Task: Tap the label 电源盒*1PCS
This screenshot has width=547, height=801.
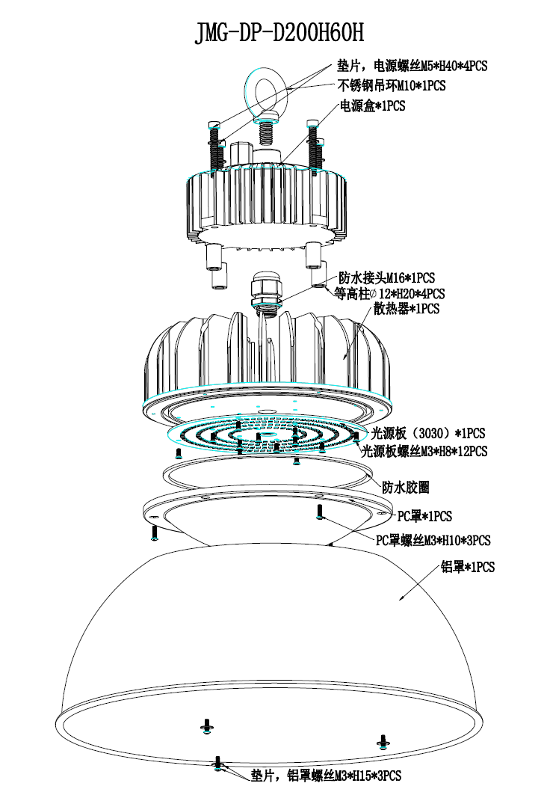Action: (372, 106)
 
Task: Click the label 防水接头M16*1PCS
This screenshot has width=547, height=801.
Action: (386, 277)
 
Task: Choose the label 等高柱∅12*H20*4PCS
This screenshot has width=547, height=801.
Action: (389, 293)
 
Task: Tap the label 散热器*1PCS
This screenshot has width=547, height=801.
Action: (407, 308)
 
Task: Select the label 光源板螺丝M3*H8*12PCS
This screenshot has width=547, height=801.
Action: (424, 451)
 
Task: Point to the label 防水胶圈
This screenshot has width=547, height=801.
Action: (405, 487)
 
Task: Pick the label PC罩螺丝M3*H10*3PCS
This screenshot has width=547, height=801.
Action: (433, 540)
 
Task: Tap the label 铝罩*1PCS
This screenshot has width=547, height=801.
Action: (469, 567)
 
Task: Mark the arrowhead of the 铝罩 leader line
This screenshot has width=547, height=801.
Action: (401, 600)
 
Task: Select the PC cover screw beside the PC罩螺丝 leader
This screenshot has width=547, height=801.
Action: (320, 512)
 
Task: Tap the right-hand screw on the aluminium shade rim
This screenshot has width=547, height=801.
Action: (383, 741)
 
